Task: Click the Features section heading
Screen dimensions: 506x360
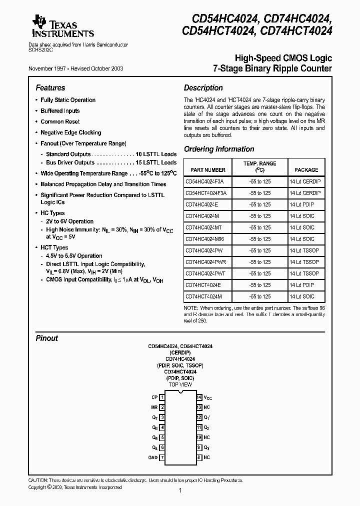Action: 50,87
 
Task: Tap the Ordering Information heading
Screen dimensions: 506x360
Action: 219,149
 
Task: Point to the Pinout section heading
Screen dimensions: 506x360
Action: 46,338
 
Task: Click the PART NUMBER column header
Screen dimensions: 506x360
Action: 205,170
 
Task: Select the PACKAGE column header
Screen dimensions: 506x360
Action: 306,170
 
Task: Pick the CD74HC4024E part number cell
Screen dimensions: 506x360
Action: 201,204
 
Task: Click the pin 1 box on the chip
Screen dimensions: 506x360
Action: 162,397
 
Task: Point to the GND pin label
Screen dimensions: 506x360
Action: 152,457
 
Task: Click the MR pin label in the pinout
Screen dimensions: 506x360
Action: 154,407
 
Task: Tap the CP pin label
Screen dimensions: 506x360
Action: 154,397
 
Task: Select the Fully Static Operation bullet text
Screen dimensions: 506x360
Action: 68,100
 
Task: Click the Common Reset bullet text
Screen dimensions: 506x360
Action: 60,121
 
